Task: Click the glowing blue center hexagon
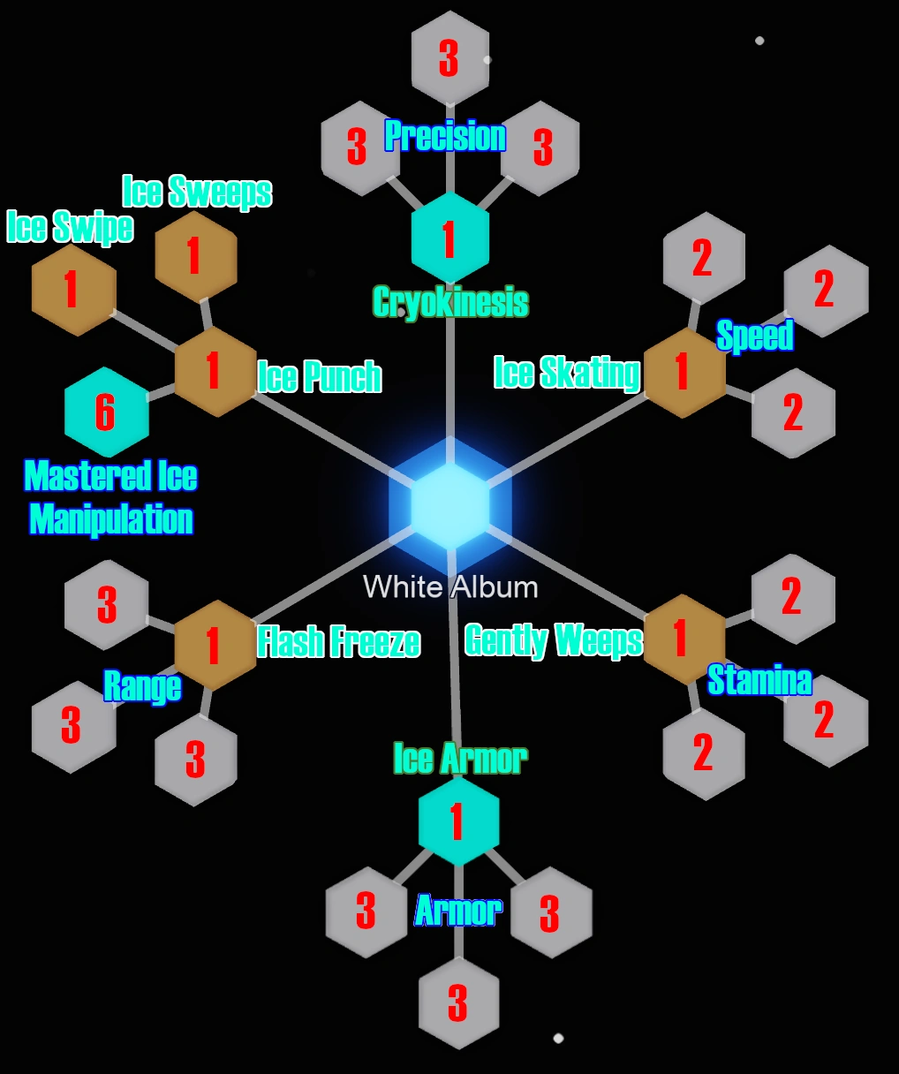pyautogui.click(x=449, y=504)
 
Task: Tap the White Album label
pyautogui.click(x=450, y=587)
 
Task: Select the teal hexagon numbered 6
pyautogui.click(x=106, y=412)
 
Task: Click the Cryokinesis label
pyautogui.click(x=450, y=303)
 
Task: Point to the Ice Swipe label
pyautogui.click(x=70, y=227)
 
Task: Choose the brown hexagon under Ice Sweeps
pyautogui.click(x=196, y=256)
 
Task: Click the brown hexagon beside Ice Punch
pyautogui.click(x=215, y=371)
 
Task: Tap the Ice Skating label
pyautogui.click(x=566, y=373)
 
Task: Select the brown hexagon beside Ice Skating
pyautogui.click(x=684, y=372)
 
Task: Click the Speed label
pyautogui.click(x=754, y=336)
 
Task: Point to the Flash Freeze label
pyautogui.click(x=338, y=642)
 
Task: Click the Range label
pyautogui.click(x=142, y=686)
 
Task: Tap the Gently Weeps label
pyautogui.click(x=554, y=640)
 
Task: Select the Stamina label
pyautogui.click(x=759, y=680)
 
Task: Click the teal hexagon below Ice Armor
pyautogui.click(x=457, y=821)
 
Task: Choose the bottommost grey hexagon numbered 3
pyautogui.click(x=457, y=1002)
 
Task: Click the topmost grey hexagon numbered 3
pyautogui.click(x=449, y=57)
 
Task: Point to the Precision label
pyautogui.click(x=445, y=137)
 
